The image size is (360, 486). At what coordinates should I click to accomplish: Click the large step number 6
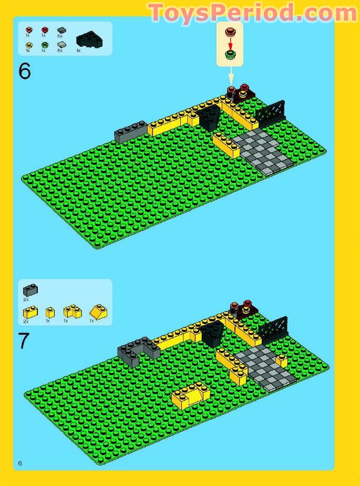point(25,71)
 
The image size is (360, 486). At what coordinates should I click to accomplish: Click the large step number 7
point(24,341)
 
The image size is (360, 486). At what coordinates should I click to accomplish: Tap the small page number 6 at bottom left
point(20,463)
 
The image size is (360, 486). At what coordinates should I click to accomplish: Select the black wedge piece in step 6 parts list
point(89,40)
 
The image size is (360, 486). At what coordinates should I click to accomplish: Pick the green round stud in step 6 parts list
point(45,45)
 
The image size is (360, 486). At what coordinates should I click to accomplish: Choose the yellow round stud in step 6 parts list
point(29,45)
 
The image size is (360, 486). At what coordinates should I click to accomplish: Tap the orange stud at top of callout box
point(230,33)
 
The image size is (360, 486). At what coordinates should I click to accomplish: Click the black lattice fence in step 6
point(271,113)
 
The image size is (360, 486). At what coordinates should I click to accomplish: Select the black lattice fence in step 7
point(273,329)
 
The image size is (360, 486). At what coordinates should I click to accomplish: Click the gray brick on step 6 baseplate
point(131,131)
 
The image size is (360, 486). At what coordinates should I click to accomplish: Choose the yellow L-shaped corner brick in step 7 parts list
point(73,312)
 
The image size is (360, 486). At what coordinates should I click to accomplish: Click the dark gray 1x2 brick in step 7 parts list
point(30,289)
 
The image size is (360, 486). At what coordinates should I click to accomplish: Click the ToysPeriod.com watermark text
point(253,13)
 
